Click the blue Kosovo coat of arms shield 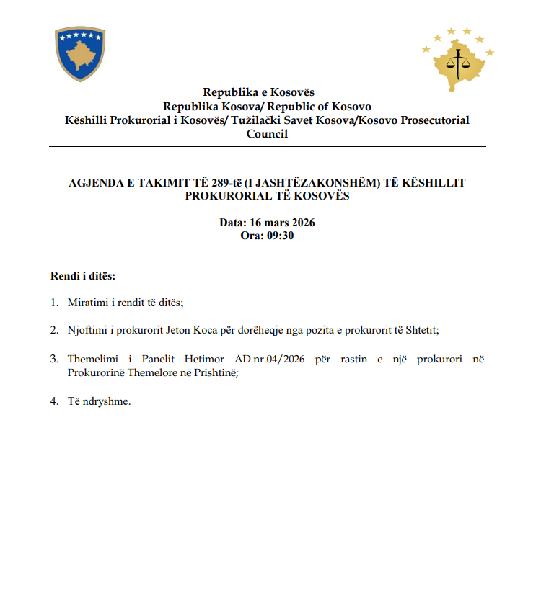(x=80, y=54)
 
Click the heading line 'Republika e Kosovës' (x=258, y=92)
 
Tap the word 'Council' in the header (x=267, y=133)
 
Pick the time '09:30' (x=279, y=235)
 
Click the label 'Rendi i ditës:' (x=83, y=276)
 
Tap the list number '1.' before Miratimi (x=54, y=303)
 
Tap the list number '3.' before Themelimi (x=54, y=358)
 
